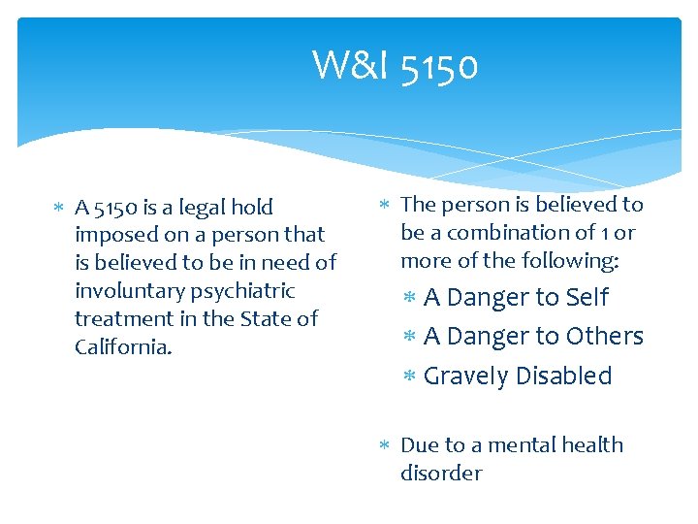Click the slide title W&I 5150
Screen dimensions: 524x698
(395, 66)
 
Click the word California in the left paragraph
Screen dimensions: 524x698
(122, 346)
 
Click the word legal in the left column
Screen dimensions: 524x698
(197, 207)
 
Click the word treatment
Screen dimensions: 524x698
(122, 318)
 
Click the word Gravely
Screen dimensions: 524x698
(463, 376)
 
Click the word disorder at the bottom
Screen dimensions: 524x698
(441, 473)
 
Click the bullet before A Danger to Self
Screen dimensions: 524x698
(409, 298)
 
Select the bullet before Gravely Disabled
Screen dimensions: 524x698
(409, 377)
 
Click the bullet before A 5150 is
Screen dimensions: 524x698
(58, 208)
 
